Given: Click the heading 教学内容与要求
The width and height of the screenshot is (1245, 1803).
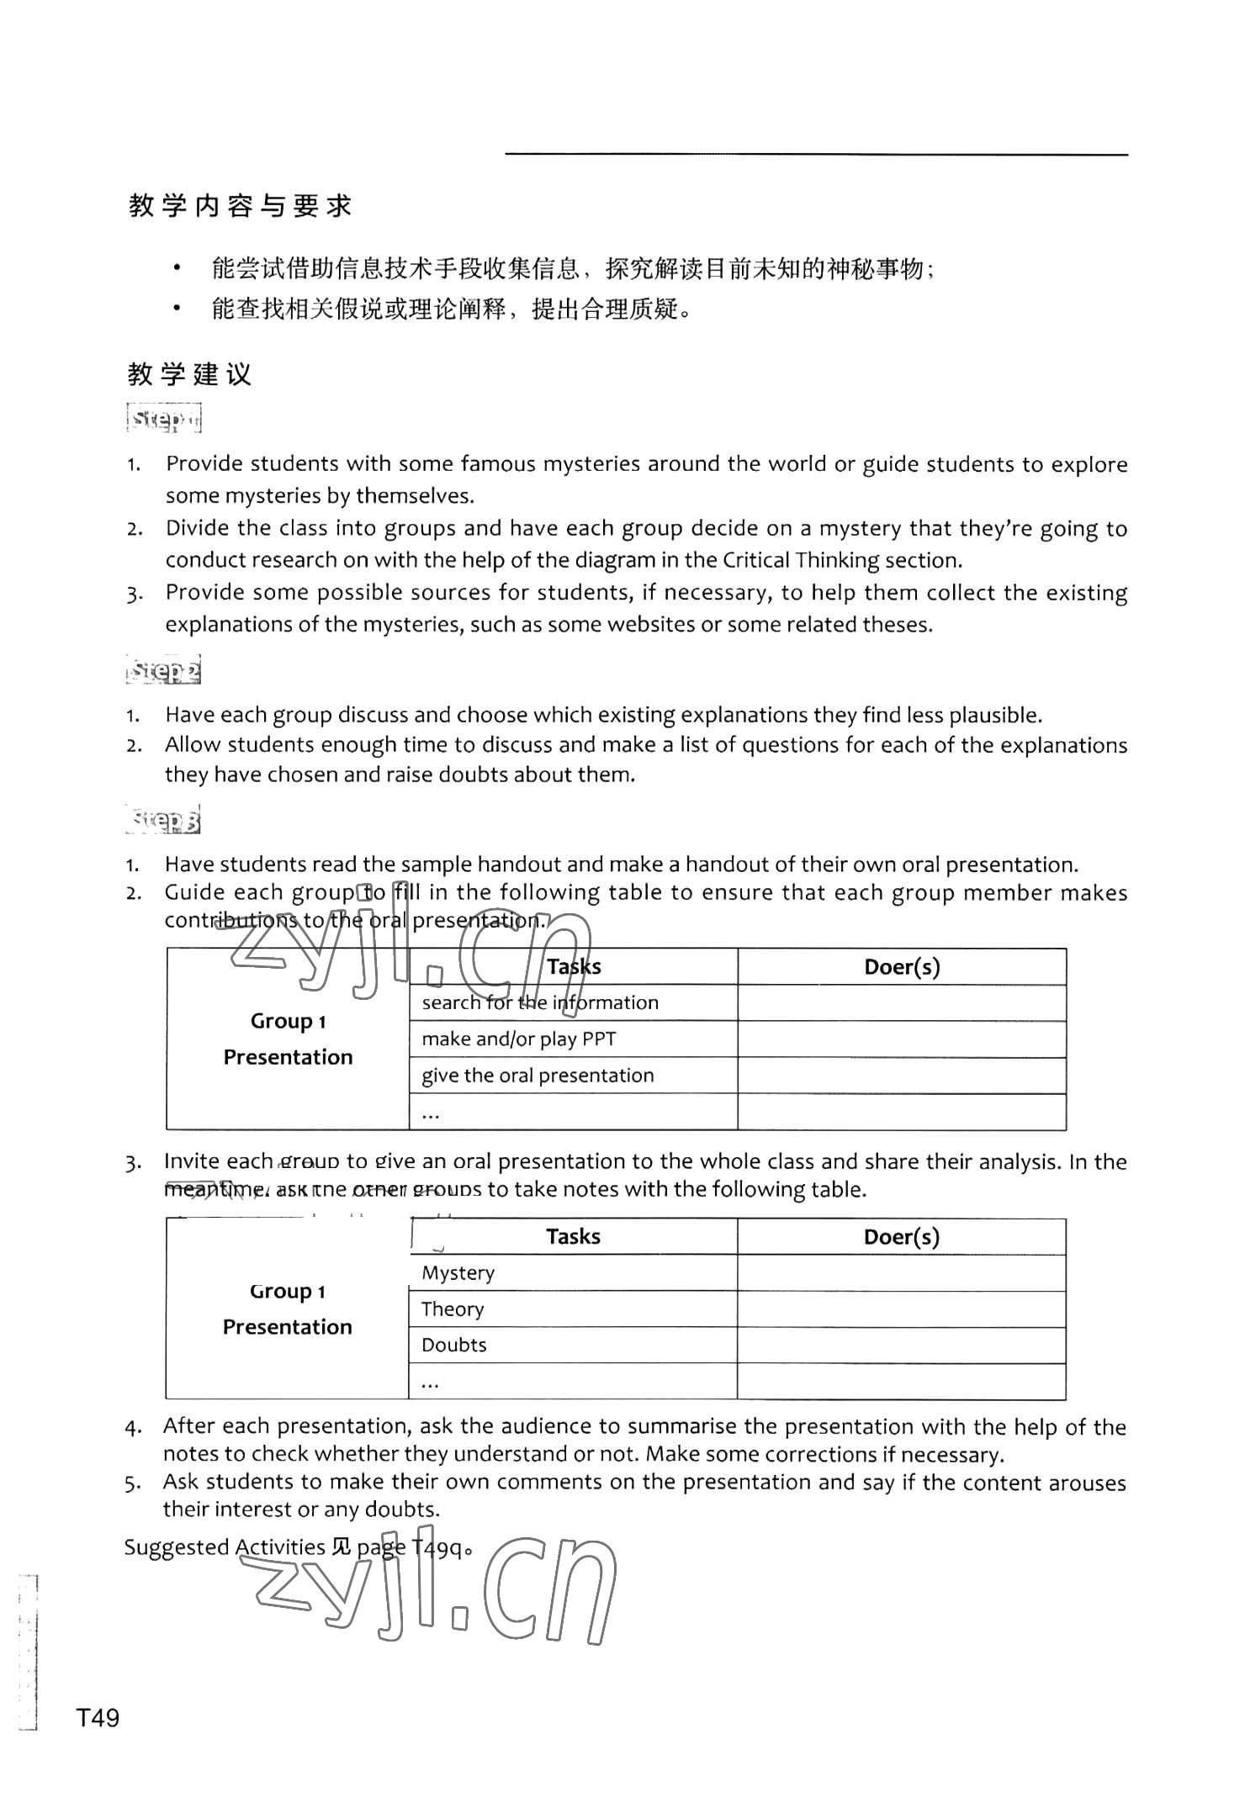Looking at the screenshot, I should coord(241,206).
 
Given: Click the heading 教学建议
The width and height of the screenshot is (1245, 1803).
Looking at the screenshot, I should coord(190,374).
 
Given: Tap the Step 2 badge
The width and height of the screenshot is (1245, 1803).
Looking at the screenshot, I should coord(165,671).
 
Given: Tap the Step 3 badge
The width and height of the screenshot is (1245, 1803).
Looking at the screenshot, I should coord(165,820).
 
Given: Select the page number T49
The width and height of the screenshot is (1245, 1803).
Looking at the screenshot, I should coord(98,1717).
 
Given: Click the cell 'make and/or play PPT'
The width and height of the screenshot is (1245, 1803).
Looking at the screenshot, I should coord(519,1039).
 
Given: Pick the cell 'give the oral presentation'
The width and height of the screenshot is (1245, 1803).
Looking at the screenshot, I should coord(538,1076).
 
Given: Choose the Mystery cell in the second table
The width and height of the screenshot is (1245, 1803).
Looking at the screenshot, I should coord(458,1273).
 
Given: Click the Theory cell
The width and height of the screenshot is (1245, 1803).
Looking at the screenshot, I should coord(453,1309).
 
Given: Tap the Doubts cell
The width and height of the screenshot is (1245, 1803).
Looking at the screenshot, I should coord(454,1346).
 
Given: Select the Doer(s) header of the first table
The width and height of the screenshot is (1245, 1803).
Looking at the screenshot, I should coord(902,967).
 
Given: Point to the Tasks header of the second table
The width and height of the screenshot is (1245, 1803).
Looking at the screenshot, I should coord(573,1237).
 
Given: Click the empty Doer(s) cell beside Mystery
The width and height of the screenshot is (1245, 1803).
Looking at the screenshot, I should coord(901,1273).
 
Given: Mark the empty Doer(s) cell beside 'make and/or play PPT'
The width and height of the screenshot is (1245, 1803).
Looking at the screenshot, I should coord(902,1039).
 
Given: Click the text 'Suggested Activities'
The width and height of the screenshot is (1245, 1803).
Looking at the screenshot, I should coord(225,1547).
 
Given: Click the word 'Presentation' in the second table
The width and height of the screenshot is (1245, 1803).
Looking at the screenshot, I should coord(288,1327).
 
